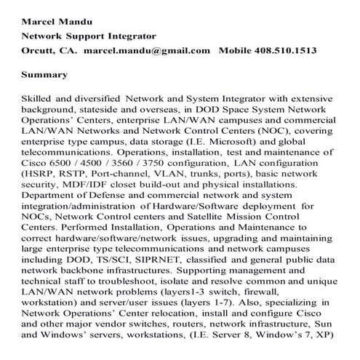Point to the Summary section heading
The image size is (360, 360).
coord(45,74)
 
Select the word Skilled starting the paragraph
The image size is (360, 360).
coord(39,97)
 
